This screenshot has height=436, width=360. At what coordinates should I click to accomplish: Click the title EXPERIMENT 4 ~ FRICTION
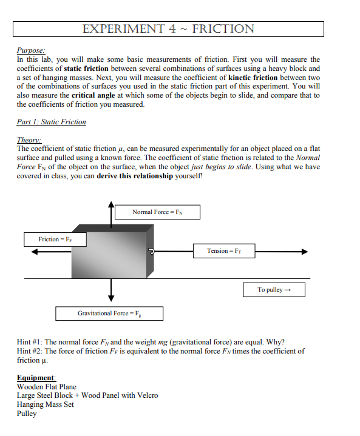[x=168, y=29]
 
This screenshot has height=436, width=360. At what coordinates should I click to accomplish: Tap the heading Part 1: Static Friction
[x=52, y=122]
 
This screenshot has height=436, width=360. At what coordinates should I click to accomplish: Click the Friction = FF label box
[x=55, y=240]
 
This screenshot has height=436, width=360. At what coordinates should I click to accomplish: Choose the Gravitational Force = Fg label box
[x=109, y=313]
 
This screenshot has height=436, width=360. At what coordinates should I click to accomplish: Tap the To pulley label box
[x=274, y=290]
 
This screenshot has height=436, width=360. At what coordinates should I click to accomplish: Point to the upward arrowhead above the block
[x=111, y=207]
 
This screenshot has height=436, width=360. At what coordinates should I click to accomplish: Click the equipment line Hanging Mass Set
[x=46, y=404]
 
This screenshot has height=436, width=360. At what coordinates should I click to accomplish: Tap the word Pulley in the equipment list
[x=27, y=414]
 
